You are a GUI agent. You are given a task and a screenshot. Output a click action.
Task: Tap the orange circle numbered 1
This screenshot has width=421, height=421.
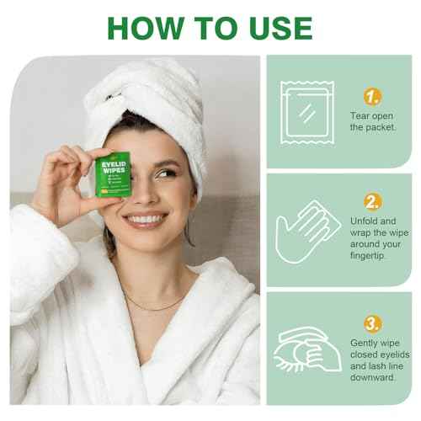(371, 95)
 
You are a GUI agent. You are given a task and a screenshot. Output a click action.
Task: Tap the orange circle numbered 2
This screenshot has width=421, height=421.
(371, 200)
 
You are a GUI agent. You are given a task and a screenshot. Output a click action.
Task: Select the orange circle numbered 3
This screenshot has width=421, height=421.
(371, 323)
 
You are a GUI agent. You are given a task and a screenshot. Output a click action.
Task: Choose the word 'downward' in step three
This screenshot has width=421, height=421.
(374, 377)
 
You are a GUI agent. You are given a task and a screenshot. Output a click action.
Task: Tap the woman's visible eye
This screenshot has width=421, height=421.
(165, 173)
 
